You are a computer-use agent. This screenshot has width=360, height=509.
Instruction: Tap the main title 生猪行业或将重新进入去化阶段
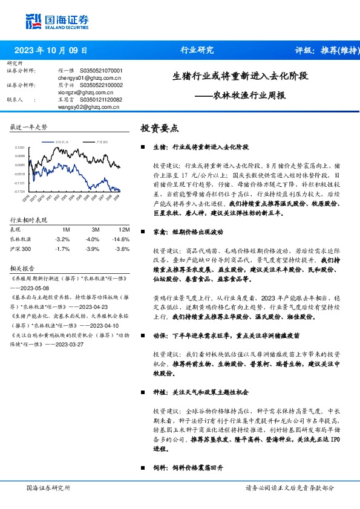[x=240, y=77]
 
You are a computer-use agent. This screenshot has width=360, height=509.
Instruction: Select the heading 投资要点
[x=159, y=128]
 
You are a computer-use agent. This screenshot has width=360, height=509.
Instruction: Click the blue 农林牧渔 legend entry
[x=62, y=141]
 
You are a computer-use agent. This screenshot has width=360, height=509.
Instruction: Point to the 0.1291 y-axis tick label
[x=20, y=148]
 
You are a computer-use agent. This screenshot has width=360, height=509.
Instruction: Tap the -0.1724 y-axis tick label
[x=20, y=191]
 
